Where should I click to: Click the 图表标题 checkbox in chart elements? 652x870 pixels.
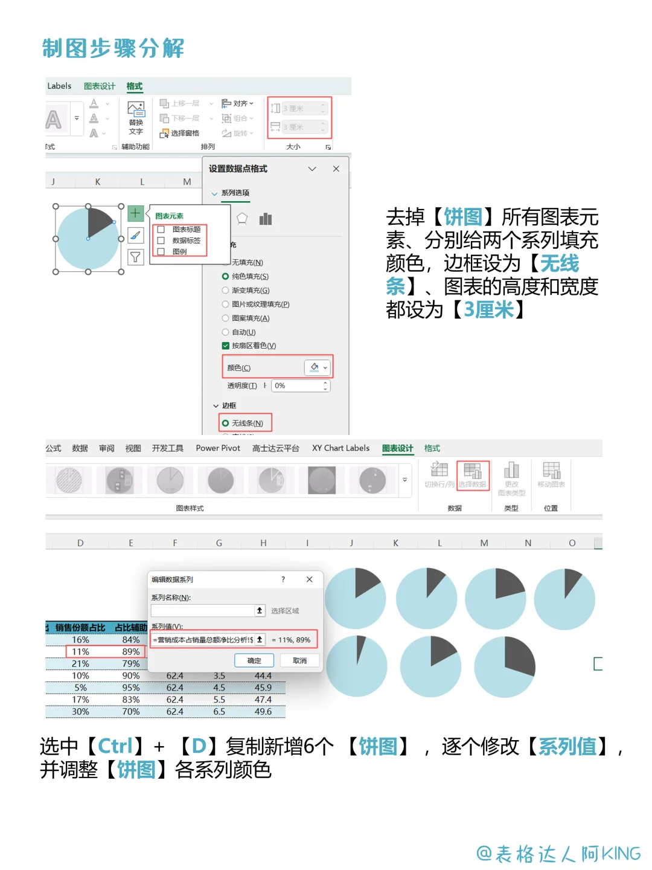point(161,230)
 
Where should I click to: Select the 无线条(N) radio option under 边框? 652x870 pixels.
point(226,423)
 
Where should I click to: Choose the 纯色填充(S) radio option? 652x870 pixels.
point(226,276)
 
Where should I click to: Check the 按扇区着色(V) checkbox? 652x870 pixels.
point(226,346)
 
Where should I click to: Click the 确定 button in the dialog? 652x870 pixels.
point(254,660)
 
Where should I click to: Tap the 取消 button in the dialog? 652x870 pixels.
point(299,660)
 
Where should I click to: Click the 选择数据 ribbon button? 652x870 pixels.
point(472,475)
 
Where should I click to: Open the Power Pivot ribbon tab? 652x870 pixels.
point(218,448)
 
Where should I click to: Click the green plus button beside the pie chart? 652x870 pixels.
point(135,213)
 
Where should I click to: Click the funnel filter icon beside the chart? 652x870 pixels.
point(135,257)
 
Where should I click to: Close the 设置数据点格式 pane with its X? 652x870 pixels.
point(336,169)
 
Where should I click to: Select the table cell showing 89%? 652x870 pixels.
point(131,652)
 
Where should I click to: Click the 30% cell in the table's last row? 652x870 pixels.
point(80,712)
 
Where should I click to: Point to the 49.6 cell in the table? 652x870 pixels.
point(263,712)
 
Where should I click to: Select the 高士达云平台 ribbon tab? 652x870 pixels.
point(276,448)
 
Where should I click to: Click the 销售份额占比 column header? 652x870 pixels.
point(80,628)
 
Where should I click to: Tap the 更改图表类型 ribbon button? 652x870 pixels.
point(511,477)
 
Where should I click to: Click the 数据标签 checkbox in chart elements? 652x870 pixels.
point(161,240)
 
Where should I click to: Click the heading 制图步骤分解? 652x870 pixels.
point(113,48)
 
